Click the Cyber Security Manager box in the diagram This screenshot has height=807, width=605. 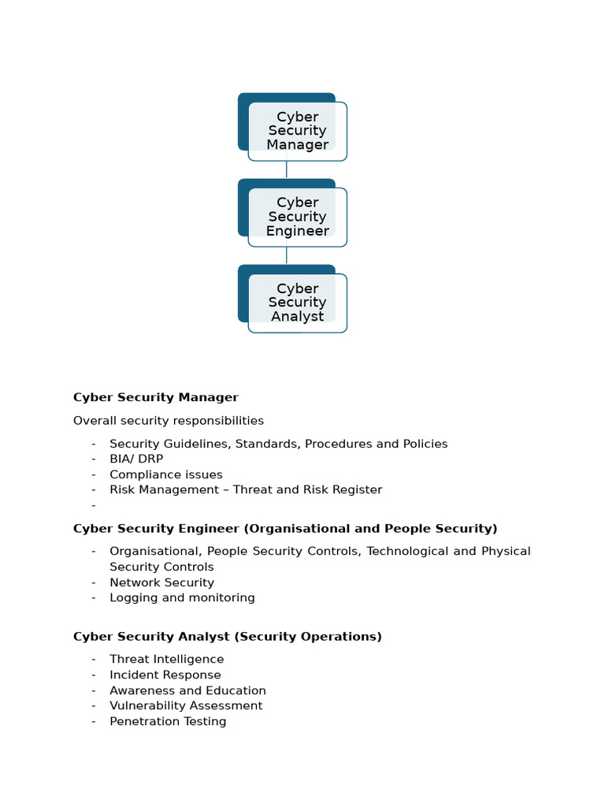pos(297,131)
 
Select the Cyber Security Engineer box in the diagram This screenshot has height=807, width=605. pos(297,217)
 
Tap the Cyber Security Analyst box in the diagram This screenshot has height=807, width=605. pos(297,303)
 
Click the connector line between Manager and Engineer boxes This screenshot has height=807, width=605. pos(287,169)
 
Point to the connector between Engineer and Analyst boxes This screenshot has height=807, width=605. pos(287,255)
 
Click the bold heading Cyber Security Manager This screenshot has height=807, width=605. pos(155,397)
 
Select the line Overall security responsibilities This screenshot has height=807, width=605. pos(169,421)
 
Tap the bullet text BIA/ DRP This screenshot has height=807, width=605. pos(136,459)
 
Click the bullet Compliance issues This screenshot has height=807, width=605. pos(165,474)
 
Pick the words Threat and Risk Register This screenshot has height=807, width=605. pos(307,489)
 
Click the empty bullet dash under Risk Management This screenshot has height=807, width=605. pos(93,505)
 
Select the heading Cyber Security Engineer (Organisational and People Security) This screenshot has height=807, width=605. pos(285,528)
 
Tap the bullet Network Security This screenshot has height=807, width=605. pos(161,582)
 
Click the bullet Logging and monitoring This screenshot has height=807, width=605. pos(182,597)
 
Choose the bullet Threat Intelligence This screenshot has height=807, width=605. pos(166,659)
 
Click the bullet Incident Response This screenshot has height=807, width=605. pos(165,675)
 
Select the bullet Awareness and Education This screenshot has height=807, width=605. pos(187,690)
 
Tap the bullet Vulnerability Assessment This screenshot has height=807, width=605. pos(186,705)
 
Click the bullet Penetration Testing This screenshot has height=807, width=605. pos(168,721)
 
